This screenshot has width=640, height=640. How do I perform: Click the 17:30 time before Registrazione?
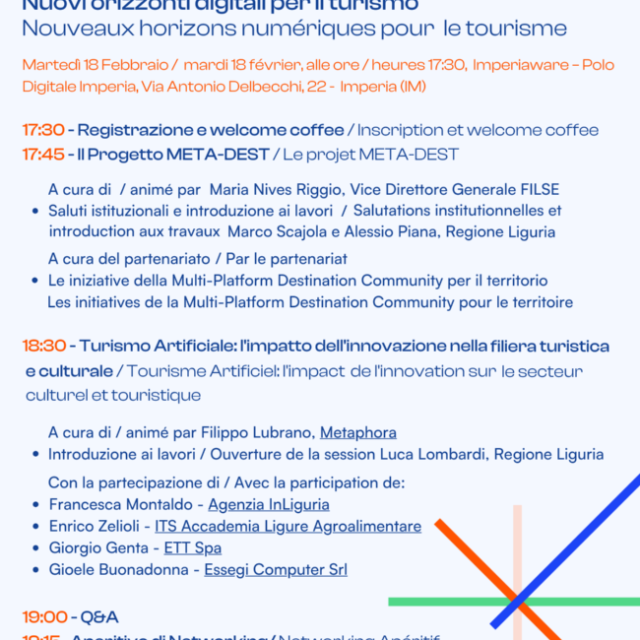coord(43,130)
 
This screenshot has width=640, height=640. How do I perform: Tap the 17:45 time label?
coord(43,155)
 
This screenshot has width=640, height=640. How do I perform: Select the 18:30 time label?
coord(44,346)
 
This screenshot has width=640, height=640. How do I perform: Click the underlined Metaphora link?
coord(358,432)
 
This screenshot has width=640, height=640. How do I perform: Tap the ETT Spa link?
coord(192,547)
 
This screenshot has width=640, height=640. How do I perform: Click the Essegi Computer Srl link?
coord(276,569)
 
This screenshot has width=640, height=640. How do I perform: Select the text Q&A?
coord(99,617)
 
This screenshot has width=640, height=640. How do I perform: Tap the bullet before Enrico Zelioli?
coord(36,527)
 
